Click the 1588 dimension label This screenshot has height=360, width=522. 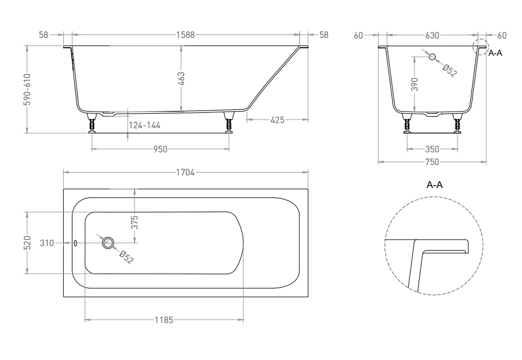point(185,35)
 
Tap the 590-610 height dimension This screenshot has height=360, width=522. point(27,89)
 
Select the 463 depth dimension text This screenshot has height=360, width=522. point(181,79)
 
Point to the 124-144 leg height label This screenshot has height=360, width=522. point(144,125)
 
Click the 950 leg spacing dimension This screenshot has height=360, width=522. point(160,149)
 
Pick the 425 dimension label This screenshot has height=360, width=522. point(277,120)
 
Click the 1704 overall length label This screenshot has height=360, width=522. point(185,172)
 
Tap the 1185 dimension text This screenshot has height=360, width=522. point(164,320)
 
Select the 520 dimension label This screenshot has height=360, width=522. point(27,243)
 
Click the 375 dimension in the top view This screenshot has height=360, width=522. point(135,222)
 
